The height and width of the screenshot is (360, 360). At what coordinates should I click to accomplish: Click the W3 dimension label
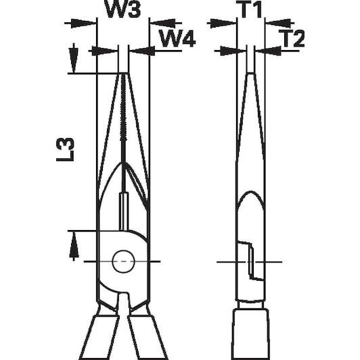tap(123, 9)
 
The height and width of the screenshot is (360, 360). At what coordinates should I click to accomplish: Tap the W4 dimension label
tap(177, 39)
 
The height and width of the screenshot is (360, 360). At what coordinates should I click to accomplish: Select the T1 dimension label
tap(250, 9)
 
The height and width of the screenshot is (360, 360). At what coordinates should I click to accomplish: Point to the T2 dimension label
tap(292, 39)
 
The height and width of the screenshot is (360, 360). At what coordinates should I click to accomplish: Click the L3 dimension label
tap(65, 150)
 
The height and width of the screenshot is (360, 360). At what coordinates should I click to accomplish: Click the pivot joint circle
tap(123, 262)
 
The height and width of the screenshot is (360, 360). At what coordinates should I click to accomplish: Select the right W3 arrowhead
tap(163, 23)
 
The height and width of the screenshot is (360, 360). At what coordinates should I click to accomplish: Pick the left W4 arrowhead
tap(104, 51)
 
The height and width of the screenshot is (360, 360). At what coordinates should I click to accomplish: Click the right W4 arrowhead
tap(142, 51)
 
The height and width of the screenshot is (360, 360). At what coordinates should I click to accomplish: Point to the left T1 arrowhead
tap(223, 23)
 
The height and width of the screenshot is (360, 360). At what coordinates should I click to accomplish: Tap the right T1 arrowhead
tap(278, 23)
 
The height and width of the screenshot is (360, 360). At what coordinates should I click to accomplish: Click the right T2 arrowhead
tap(268, 51)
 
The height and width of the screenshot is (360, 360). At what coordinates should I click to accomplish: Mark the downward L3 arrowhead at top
tap(74, 60)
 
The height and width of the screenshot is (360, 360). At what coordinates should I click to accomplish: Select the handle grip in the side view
tap(250, 334)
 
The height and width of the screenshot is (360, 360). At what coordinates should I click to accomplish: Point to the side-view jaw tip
tap(250, 74)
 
